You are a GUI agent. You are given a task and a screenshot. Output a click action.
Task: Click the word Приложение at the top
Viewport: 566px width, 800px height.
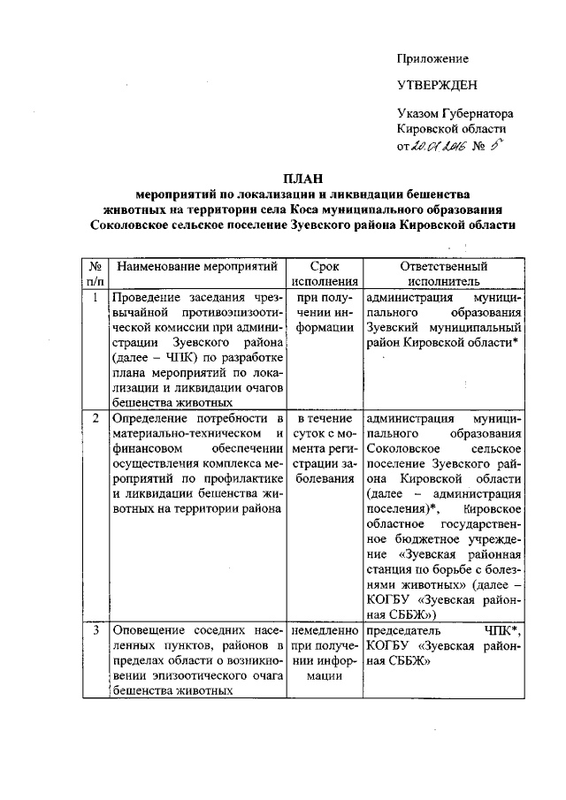(432, 58)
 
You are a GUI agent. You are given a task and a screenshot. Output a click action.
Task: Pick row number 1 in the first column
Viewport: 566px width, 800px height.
(93, 298)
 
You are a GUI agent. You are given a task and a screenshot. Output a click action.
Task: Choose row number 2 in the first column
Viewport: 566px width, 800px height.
(93, 417)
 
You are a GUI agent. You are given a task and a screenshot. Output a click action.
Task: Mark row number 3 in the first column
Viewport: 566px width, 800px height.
(93, 629)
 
